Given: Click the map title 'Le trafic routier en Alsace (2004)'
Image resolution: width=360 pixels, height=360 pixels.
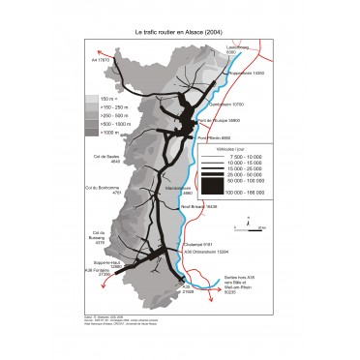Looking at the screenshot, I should [179, 32].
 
